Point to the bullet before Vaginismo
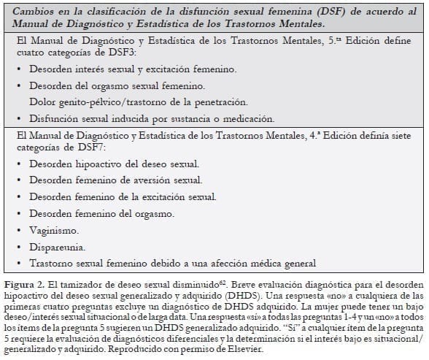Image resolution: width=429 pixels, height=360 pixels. coord(19,231)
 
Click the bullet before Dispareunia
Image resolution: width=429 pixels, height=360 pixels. coord(19,247)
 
